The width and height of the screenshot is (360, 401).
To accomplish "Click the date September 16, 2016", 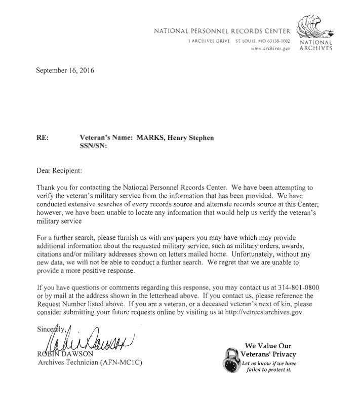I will [65, 70].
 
